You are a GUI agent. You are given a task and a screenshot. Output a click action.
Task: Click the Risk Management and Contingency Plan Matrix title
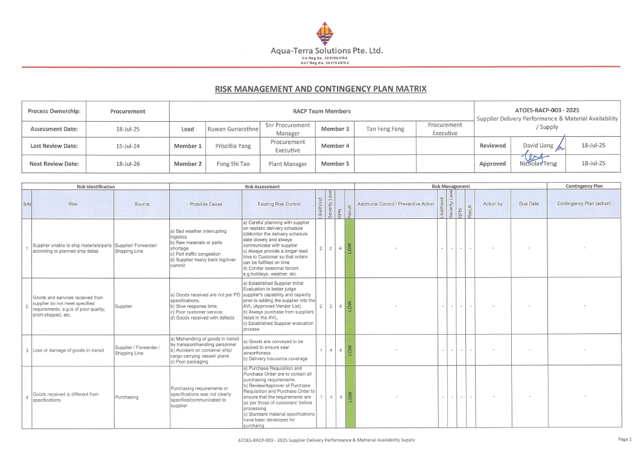click(320, 89)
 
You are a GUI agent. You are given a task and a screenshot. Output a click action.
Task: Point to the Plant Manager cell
click(288, 163)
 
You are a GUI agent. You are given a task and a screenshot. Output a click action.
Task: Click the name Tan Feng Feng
click(385, 128)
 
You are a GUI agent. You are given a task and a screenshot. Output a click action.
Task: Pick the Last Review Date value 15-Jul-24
click(128, 146)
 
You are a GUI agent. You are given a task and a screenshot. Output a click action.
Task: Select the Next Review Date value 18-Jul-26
click(128, 163)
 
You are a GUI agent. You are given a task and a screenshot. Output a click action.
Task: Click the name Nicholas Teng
click(538, 163)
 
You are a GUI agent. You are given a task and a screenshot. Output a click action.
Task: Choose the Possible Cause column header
click(206, 204)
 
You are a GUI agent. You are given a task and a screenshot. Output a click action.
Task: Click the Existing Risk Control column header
click(279, 204)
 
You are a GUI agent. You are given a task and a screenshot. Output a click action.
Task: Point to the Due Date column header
click(529, 204)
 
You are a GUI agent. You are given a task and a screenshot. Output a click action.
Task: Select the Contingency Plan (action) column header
click(584, 204)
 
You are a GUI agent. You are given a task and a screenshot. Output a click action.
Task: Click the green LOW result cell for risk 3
click(349, 350)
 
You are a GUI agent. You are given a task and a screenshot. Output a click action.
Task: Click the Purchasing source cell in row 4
click(127, 397)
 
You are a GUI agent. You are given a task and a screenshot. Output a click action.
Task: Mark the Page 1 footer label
click(625, 439)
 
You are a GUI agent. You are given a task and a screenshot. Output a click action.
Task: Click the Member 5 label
click(335, 163)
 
